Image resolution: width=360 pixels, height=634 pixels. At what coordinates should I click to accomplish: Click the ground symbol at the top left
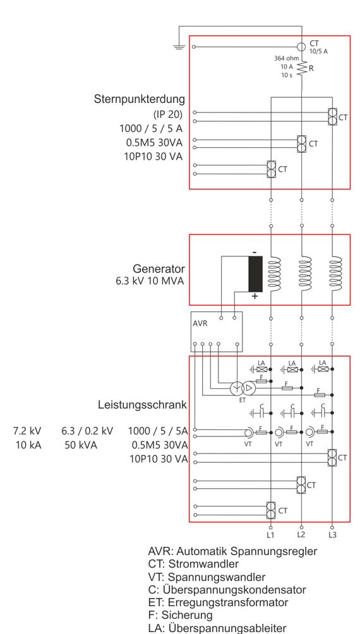[x=179, y=47]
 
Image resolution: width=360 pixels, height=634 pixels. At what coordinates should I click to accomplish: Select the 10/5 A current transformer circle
[x=301, y=47]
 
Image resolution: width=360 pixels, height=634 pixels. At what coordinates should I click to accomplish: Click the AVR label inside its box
[x=200, y=324]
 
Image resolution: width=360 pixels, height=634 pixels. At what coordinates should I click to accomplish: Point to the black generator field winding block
[x=255, y=273]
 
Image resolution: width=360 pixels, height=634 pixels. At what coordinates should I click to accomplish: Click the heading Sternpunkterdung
[x=139, y=99]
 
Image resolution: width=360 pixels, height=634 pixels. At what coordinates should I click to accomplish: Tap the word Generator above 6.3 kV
[x=159, y=268]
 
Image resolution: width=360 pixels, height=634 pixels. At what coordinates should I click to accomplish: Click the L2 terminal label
[x=301, y=534]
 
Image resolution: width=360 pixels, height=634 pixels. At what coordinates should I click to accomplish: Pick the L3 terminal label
[x=332, y=535]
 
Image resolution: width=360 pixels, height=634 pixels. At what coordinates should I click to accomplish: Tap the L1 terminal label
[x=270, y=535]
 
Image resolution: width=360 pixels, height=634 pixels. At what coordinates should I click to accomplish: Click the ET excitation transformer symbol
[x=243, y=388]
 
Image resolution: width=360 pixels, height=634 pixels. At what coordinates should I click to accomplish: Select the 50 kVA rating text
[x=81, y=445]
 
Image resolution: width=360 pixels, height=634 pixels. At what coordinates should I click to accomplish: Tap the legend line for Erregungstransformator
[x=218, y=602]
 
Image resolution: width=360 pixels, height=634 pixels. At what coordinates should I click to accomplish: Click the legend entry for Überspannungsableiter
[x=217, y=628]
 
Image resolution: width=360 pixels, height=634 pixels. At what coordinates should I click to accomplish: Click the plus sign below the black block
[x=255, y=296]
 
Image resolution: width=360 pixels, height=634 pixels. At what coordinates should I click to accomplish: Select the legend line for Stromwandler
[x=193, y=564]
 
